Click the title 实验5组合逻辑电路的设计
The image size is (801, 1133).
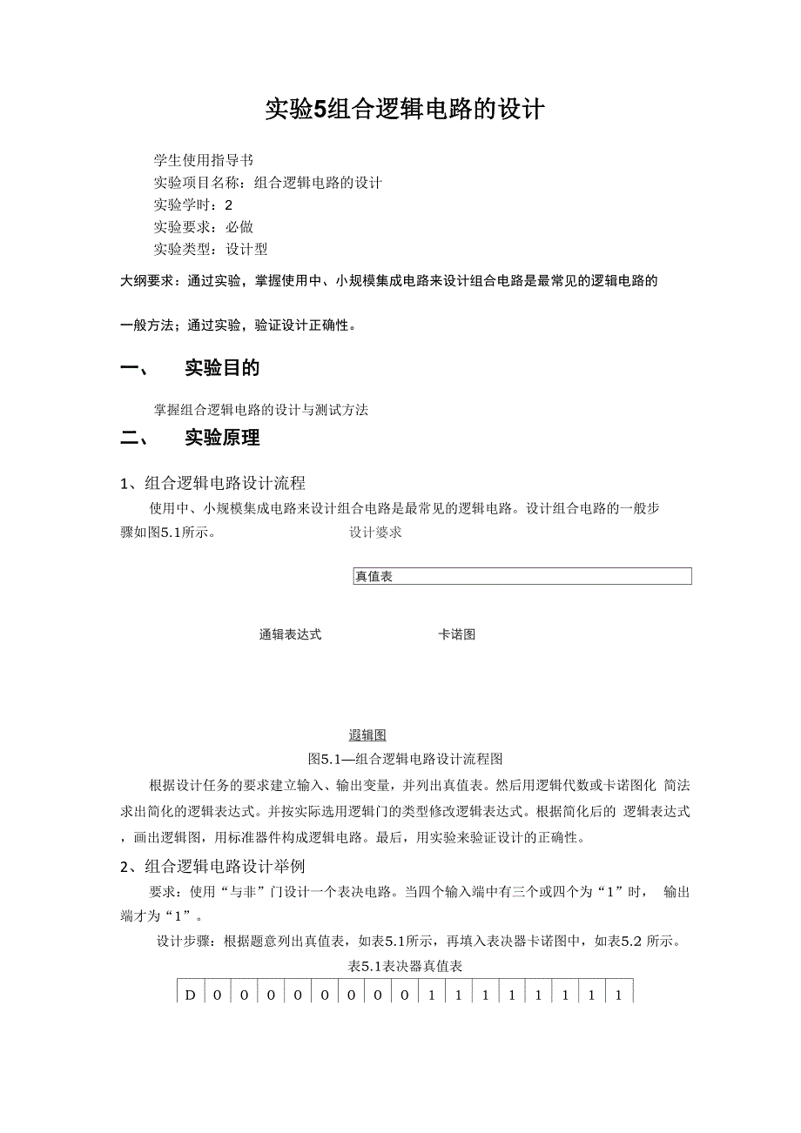405,111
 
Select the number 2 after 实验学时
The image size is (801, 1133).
229,205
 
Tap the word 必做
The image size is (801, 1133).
239,227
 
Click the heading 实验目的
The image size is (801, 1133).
222,368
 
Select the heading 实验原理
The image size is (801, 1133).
222,438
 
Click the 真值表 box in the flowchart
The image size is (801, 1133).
522,576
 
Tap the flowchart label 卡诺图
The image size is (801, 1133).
456,634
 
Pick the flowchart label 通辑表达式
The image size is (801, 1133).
290,634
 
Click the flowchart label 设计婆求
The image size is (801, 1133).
375,533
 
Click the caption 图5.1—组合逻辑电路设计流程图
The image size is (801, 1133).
406,759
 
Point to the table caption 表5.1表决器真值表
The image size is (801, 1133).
405,966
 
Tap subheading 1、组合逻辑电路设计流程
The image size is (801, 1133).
212,483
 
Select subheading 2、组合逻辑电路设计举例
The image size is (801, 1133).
212,866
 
